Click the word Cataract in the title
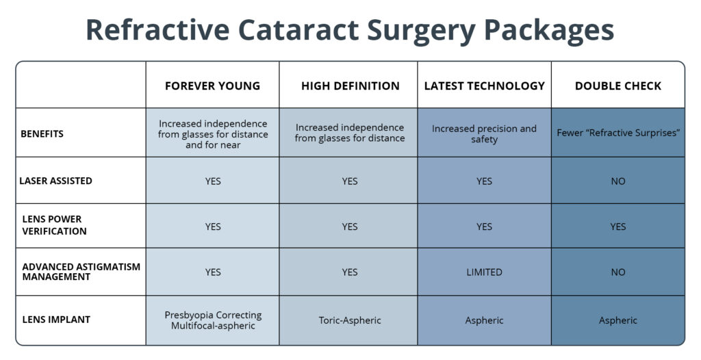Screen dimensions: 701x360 (x=298, y=30)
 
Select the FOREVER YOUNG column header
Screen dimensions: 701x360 (x=212, y=86)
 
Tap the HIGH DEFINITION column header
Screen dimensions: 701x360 (x=350, y=86)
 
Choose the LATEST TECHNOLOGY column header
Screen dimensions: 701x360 (x=485, y=86)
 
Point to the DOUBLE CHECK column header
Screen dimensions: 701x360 (x=618, y=86)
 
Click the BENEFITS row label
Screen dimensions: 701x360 (x=42, y=133)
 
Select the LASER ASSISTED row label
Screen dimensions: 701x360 (x=55, y=181)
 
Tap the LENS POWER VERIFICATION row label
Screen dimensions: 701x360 (x=54, y=225)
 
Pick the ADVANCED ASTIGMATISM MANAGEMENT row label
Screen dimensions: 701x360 (x=81, y=272)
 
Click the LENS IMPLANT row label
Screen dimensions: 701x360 (x=56, y=320)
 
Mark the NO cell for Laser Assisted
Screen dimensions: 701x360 (x=618, y=181)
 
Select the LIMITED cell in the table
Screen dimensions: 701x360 (x=484, y=272)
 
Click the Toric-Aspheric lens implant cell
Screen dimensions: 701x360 (x=350, y=320)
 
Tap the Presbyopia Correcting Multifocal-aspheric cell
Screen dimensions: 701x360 (x=213, y=320)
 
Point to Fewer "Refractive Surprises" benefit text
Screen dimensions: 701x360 (x=618, y=133)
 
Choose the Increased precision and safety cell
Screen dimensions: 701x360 (x=484, y=133)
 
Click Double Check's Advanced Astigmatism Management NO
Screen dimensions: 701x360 (x=618, y=272)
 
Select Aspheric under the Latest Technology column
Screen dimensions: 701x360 (x=484, y=320)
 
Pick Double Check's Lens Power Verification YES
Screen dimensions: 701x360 (x=618, y=227)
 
